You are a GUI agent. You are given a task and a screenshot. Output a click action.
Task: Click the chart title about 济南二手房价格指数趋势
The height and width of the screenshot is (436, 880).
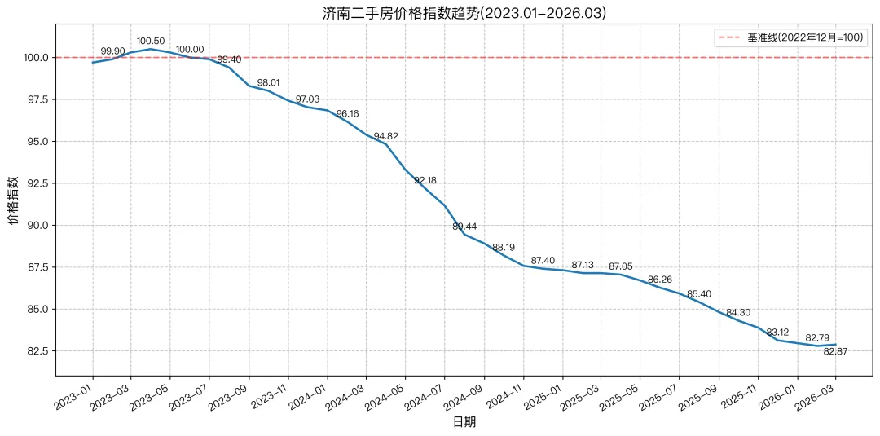click(464, 13)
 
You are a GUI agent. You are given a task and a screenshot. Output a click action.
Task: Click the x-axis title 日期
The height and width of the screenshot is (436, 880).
click(464, 422)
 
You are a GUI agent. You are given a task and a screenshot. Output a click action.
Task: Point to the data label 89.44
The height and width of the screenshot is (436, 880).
click(464, 227)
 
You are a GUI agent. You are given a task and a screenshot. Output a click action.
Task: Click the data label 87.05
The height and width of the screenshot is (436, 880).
click(621, 266)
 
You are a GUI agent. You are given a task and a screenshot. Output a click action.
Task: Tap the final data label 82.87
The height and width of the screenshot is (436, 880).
click(835, 351)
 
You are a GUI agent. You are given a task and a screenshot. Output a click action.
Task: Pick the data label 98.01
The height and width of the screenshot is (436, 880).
click(270, 83)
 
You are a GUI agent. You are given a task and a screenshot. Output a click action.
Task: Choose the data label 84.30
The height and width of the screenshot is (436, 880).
click(738, 313)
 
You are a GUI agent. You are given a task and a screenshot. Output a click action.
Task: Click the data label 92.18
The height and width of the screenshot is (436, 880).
click(425, 180)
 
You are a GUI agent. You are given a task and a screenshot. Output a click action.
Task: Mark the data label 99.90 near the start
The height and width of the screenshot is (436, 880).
click(112, 51)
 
